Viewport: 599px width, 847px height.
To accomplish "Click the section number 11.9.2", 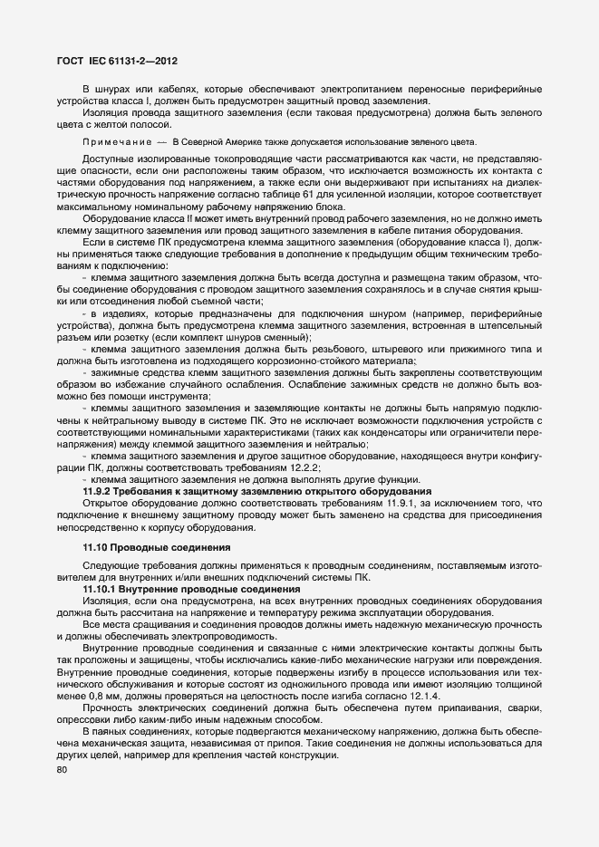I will click(97, 490).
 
